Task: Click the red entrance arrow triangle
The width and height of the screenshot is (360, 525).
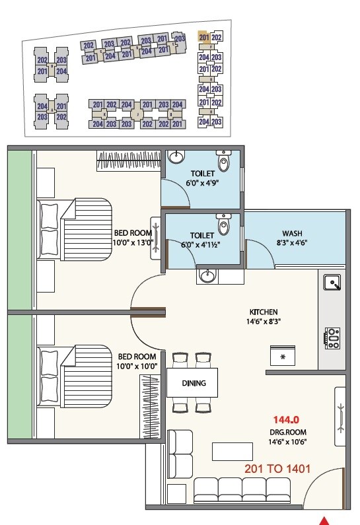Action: tap(324, 520)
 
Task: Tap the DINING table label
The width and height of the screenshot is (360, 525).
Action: tap(194, 383)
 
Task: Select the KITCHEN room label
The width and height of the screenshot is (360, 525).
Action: tap(263, 312)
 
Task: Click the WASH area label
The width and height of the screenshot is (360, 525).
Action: tap(293, 233)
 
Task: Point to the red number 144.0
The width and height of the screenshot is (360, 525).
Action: tap(287, 419)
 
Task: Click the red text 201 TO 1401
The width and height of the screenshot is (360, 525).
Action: tap(277, 469)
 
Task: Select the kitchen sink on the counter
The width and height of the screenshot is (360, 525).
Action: tap(332, 283)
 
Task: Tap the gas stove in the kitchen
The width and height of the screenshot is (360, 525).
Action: tap(332, 338)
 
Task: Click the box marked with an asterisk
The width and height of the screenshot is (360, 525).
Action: tap(283, 357)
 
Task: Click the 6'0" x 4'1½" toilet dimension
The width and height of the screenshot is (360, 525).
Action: tap(201, 244)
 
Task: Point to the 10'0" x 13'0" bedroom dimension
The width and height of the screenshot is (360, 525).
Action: tap(134, 242)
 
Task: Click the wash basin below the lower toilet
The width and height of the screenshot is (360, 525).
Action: tap(207, 275)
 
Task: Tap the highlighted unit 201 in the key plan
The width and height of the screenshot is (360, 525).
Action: tap(203, 38)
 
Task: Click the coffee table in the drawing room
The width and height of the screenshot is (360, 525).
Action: tap(233, 450)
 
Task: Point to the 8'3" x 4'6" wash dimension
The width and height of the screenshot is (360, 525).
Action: tap(293, 242)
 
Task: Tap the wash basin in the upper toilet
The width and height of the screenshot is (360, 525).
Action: tap(177, 158)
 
